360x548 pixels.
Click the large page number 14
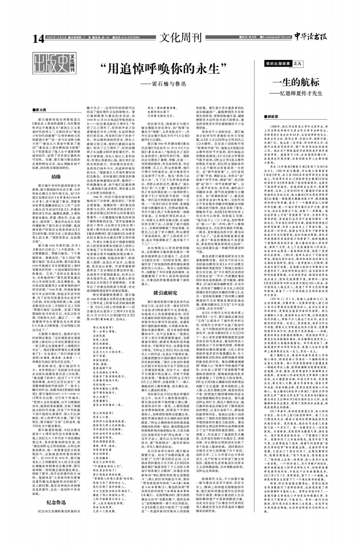point(38,39)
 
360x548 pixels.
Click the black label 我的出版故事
point(278,64)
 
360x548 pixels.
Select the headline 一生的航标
point(296,82)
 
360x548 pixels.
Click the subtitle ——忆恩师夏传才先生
point(296,93)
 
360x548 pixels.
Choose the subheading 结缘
point(56,176)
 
